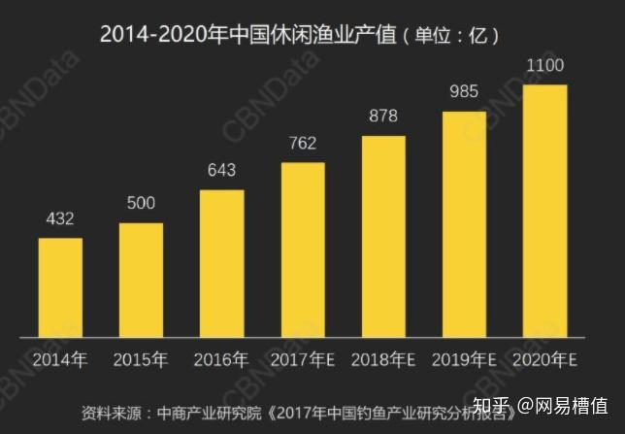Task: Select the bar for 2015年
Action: click(x=142, y=281)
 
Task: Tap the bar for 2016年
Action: click(x=222, y=263)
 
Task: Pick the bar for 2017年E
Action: click(x=303, y=250)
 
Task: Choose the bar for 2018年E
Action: click(x=383, y=236)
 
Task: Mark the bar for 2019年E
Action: click(x=464, y=224)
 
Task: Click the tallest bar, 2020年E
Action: click(x=544, y=211)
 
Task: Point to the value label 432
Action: click(x=60, y=220)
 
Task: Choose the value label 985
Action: click(x=464, y=93)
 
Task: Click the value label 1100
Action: click(x=544, y=67)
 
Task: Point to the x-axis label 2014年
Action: click(x=60, y=360)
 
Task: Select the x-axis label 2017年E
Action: click(x=303, y=360)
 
